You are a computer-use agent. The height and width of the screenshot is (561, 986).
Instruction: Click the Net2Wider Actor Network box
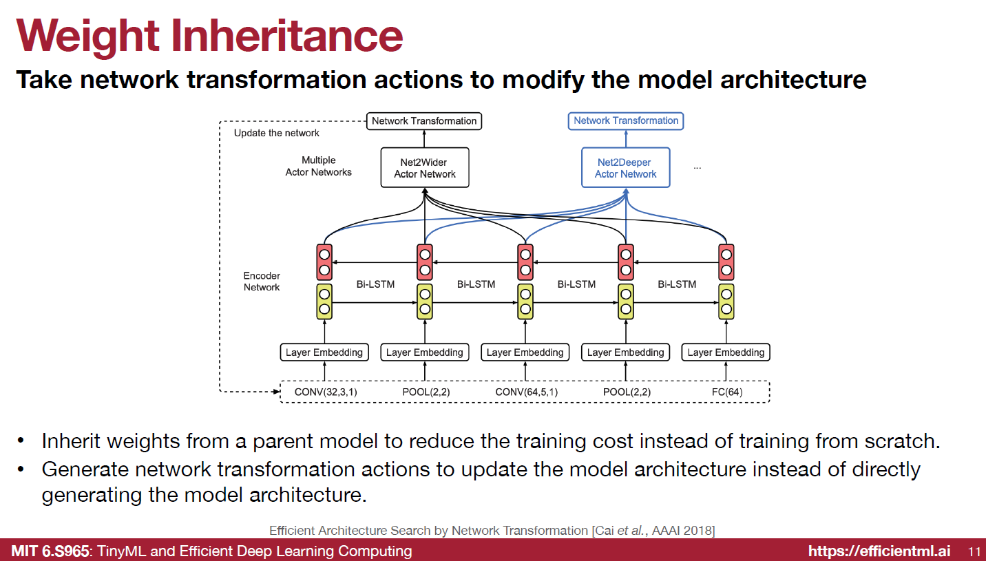[x=425, y=168]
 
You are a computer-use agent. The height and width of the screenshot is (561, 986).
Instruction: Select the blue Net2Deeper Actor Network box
[x=625, y=168]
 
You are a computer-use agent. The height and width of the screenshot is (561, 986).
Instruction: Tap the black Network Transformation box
[x=423, y=121]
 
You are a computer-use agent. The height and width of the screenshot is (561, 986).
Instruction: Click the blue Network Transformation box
[x=626, y=120]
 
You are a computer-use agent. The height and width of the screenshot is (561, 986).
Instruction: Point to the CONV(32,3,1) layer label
[x=326, y=392]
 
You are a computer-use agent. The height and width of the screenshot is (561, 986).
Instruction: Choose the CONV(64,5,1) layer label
[x=526, y=392]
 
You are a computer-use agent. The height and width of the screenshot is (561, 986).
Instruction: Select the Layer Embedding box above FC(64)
[x=726, y=352]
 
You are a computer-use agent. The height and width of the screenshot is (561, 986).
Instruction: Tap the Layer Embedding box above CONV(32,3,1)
[x=324, y=352]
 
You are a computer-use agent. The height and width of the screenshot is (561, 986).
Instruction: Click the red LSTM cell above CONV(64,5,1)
[x=525, y=262]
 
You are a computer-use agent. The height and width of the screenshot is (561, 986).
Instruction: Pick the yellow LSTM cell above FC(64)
[x=726, y=301]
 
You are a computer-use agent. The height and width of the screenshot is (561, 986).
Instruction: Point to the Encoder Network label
[x=262, y=282]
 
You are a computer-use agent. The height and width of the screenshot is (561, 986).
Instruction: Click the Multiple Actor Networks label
[x=318, y=166]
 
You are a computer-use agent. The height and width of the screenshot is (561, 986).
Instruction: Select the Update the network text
[x=277, y=133]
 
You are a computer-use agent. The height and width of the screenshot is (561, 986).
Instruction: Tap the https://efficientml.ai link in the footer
[x=879, y=551]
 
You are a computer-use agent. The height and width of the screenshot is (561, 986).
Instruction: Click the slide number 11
[x=974, y=551]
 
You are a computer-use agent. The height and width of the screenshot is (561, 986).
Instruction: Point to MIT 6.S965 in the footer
[x=50, y=551]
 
